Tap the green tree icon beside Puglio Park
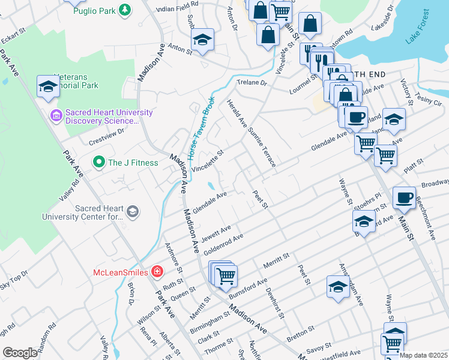(x=124, y=10)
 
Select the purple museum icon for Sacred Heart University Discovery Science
(x=56, y=115)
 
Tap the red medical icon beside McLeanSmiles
(x=157, y=272)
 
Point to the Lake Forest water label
(x=418, y=27)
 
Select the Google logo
(x=20, y=352)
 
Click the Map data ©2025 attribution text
(x=423, y=356)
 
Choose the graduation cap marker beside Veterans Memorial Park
(x=48, y=86)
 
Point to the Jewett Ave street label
(x=216, y=232)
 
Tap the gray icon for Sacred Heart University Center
(x=133, y=211)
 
